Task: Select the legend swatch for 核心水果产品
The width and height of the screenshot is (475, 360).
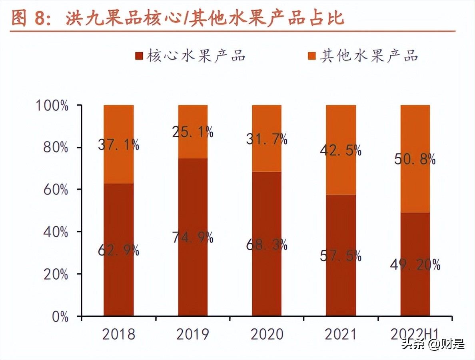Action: (139, 56)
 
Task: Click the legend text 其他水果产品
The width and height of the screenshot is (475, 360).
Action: (368, 56)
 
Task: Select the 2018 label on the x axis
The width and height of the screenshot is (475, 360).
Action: (119, 334)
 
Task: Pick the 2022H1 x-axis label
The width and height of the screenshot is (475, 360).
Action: (415, 334)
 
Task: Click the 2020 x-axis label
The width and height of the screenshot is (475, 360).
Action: (267, 334)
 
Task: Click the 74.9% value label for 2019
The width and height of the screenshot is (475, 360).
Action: (193, 238)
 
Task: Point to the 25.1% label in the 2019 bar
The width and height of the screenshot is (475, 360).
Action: (193, 132)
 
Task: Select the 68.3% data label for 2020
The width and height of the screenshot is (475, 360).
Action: (267, 245)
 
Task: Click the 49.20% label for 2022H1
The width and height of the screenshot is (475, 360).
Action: (415, 264)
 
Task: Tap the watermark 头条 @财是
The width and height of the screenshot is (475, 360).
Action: (433, 344)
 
